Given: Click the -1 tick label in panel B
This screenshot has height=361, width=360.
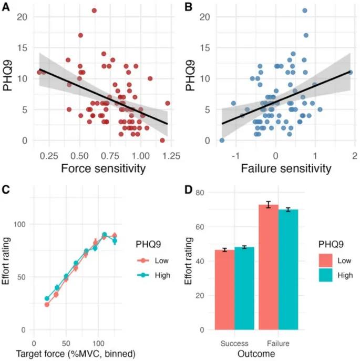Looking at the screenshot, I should [x=234, y=155].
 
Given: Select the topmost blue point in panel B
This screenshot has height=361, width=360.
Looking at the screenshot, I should [x=305, y=11].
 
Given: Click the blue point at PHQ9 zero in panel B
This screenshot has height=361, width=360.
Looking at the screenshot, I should [x=222, y=141].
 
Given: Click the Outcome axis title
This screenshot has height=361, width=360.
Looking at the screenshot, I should [x=257, y=354].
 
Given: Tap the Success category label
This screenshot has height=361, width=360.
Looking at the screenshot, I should [x=234, y=343].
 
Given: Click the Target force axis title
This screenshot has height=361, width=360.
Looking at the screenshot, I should [x=85, y=354].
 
